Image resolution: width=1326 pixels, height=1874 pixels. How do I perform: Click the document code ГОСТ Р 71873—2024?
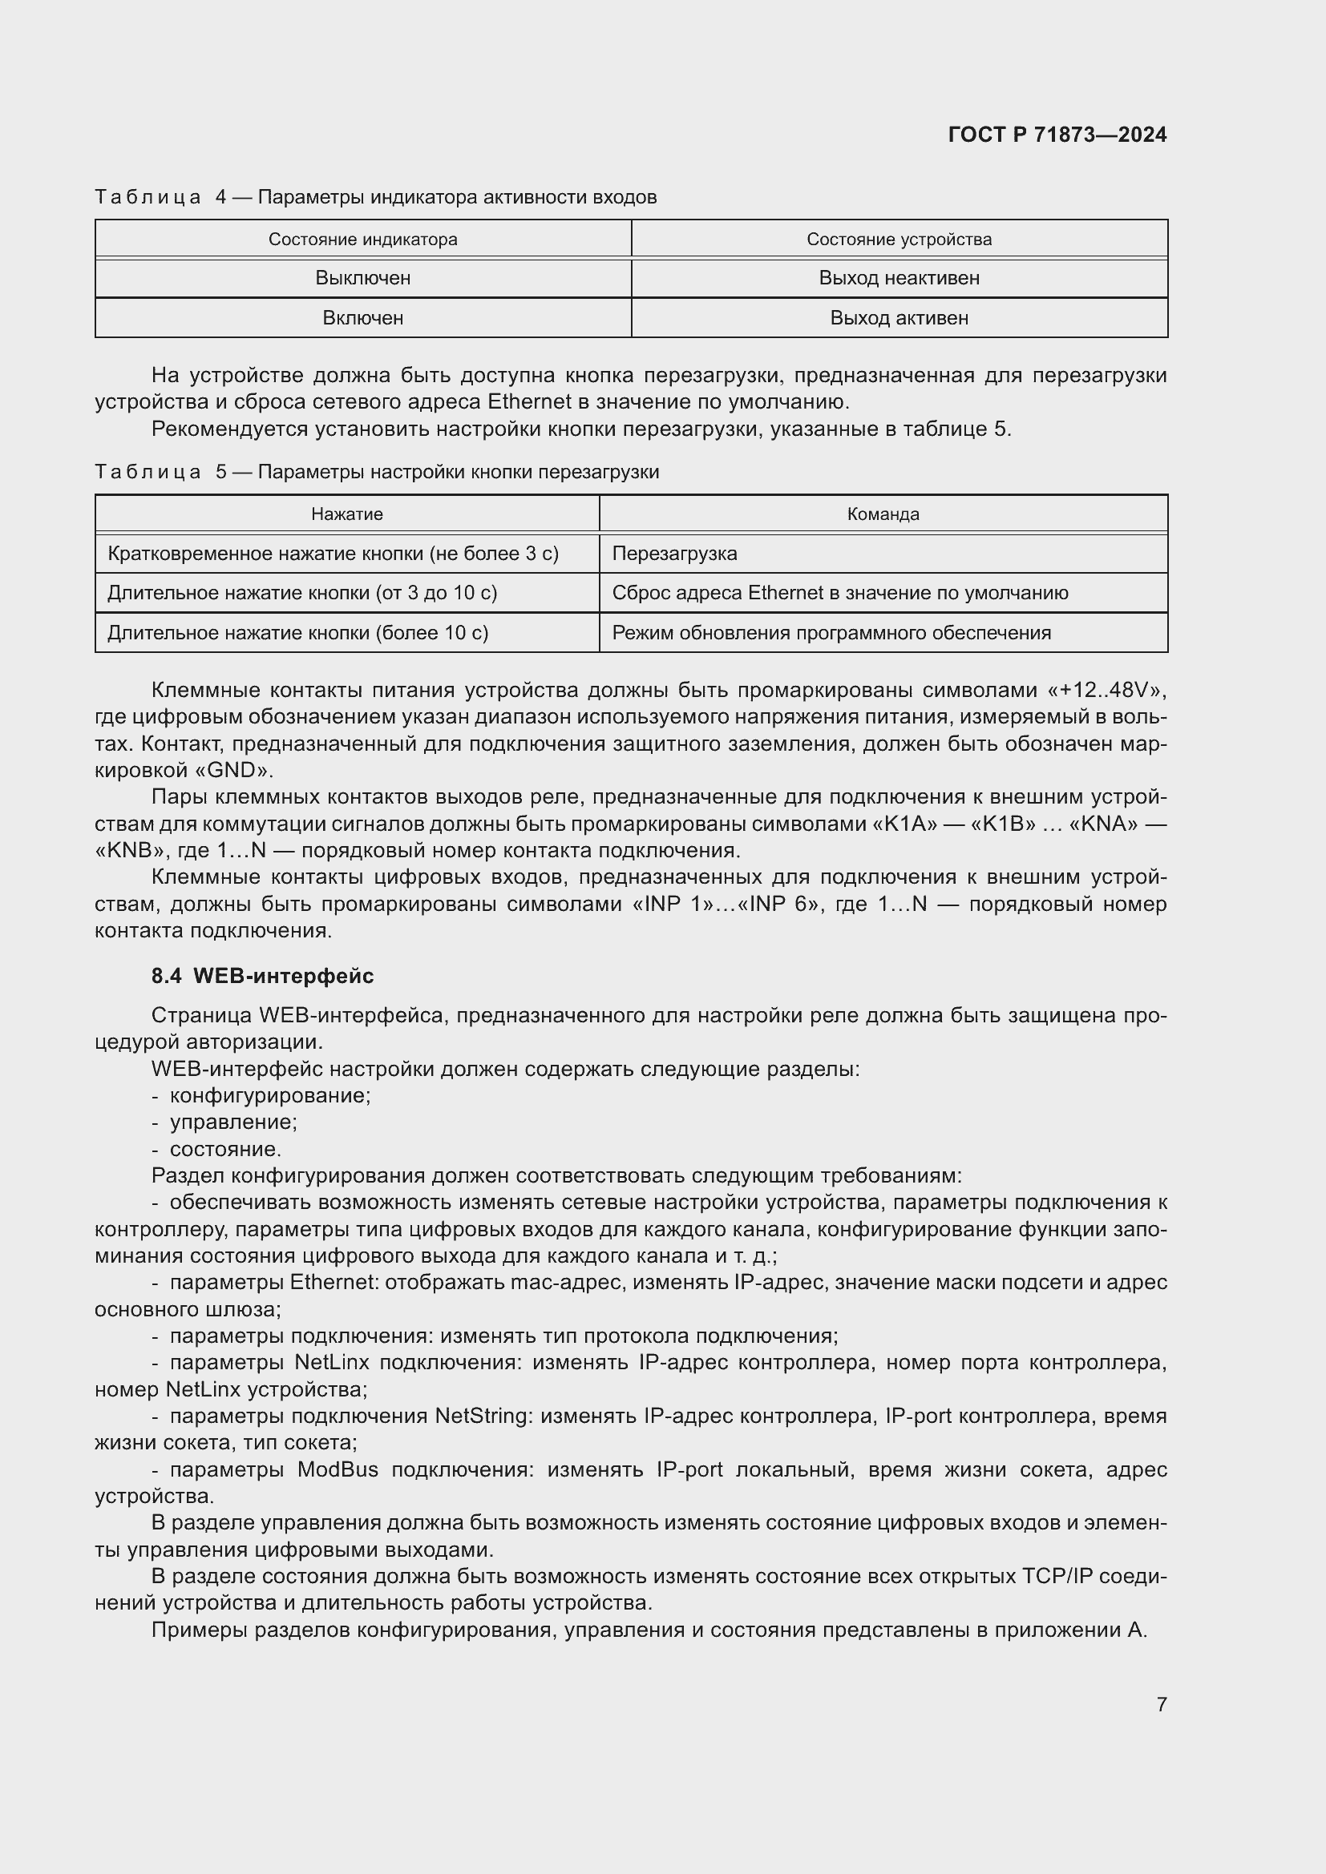(1057, 135)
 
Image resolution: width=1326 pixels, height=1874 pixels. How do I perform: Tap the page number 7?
(1161, 1704)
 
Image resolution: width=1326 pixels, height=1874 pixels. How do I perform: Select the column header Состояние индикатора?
(362, 239)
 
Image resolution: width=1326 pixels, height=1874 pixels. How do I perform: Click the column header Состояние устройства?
(899, 239)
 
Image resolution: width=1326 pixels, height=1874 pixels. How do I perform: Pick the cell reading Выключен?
(362, 278)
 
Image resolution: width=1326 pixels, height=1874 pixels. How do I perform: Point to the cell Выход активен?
(899, 317)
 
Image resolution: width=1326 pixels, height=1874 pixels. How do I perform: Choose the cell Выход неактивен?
(899, 278)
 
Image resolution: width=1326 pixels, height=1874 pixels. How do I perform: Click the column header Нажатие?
(347, 514)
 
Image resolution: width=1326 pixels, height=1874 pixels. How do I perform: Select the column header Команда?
(883, 514)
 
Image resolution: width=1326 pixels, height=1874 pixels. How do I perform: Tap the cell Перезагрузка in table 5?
(674, 554)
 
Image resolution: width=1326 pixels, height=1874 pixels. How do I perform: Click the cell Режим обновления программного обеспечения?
(831, 633)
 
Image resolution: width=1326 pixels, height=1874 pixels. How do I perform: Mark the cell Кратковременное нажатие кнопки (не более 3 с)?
(334, 554)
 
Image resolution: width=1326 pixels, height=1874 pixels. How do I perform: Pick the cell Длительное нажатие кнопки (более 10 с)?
(298, 633)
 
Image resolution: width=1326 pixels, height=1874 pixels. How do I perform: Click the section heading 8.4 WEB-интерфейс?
(262, 975)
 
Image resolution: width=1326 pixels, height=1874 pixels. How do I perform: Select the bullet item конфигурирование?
(269, 1095)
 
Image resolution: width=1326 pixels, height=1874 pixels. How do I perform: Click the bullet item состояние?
(224, 1149)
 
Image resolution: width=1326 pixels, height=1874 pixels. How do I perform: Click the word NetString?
(483, 1415)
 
